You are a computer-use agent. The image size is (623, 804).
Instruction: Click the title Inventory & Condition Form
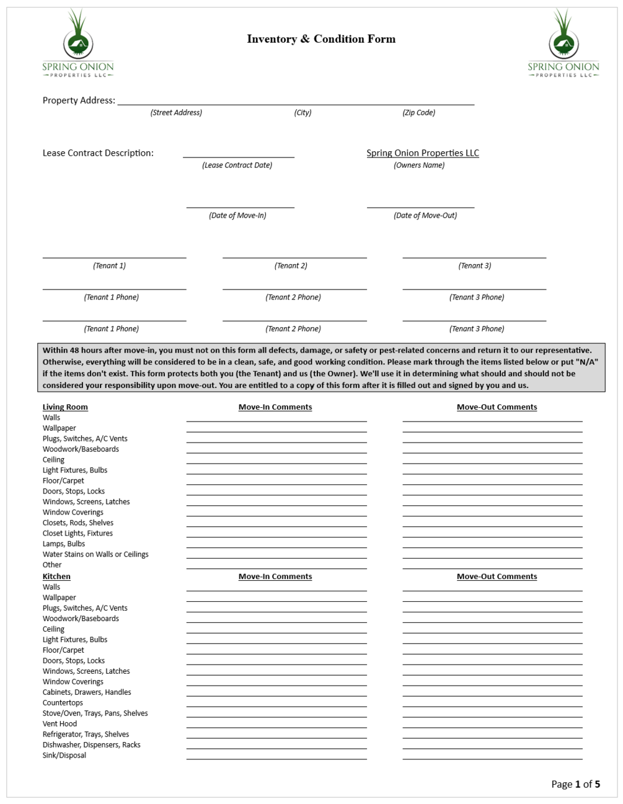(x=320, y=39)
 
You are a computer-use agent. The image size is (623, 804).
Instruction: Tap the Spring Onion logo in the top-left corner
(x=78, y=43)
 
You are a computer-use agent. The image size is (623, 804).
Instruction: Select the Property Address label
(x=79, y=100)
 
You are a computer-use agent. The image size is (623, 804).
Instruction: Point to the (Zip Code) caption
(x=418, y=113)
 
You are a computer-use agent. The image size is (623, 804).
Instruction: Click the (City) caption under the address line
(x=303, y=113)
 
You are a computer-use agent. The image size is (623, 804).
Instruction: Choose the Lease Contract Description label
(x=98, y=153)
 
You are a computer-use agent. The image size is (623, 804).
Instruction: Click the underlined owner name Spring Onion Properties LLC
(x=422, y=153)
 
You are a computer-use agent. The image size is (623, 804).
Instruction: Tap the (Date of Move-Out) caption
(x=425, y=216)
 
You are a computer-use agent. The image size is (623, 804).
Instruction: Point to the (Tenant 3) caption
(x=474, y=266)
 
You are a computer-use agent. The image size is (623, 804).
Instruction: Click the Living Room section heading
(x=65, y=407)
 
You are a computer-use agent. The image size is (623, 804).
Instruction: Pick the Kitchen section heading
(x=56, y=576)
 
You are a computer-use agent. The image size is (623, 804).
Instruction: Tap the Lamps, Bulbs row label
(x=64, y=544)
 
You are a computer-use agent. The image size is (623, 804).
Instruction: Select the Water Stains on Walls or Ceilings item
(x=95, y=554)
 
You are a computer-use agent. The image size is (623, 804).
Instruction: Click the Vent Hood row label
(x=60, y=724)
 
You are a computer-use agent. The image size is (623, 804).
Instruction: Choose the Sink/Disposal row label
(x=64, y=756)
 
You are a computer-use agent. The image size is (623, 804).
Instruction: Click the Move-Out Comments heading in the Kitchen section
(x=497, y=576)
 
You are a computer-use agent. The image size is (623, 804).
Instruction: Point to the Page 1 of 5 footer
(x=575, y=784)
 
